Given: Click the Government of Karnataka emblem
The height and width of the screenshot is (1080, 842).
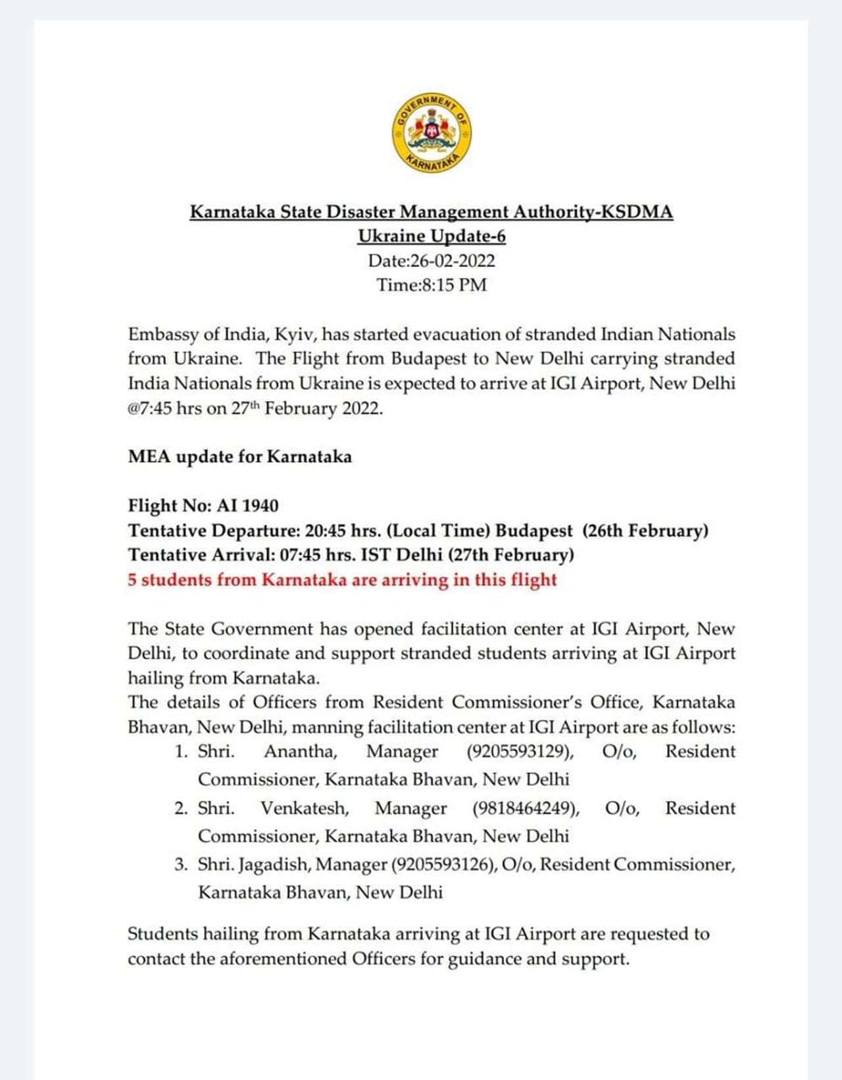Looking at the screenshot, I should (432, 132).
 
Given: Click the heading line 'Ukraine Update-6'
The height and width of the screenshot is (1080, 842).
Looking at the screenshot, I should (432, 236).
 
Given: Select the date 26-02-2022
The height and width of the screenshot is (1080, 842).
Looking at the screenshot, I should (453, 261).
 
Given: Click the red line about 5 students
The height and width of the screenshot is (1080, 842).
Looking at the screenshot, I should (342, 580).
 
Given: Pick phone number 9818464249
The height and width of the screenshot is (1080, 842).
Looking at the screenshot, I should (526, 808).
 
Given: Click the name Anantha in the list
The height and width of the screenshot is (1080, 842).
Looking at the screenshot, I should (301, 752).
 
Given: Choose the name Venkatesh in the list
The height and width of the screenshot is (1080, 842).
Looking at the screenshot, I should (305, 808).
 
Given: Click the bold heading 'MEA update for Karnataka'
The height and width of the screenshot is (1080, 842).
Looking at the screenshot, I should (239, 457).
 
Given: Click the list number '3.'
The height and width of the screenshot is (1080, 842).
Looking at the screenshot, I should (182, 864).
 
